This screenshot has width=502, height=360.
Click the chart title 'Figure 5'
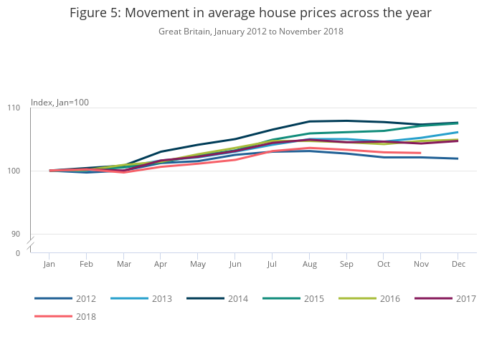250,13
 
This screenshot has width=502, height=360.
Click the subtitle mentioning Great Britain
250,32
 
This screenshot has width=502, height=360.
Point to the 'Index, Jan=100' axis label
60,103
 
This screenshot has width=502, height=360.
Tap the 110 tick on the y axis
14,108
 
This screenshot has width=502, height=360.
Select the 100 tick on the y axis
14,171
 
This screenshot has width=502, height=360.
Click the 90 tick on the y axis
16,234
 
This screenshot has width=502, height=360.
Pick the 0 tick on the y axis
18,253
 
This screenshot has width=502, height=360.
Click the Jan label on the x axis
49,265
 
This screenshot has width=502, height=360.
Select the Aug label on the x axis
309,265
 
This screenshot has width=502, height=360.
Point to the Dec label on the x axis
458,265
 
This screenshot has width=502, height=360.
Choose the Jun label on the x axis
235,265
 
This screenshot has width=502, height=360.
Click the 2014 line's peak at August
309,121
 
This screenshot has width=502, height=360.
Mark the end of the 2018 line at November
420,153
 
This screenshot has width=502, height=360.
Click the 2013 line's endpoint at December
458,132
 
